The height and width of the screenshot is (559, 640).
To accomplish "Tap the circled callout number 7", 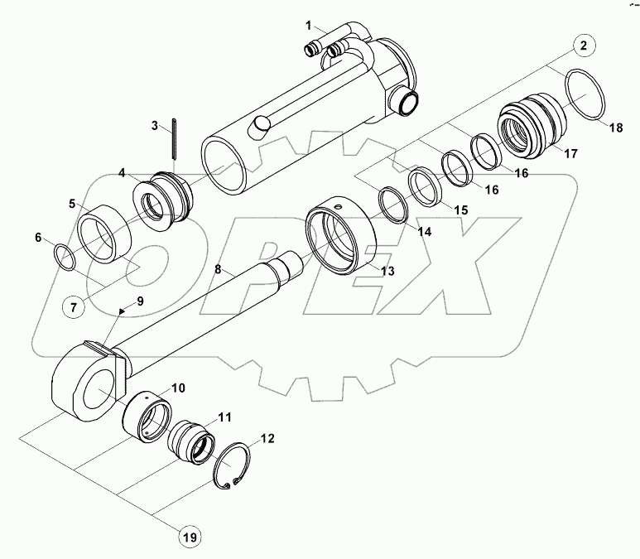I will click(72, 307).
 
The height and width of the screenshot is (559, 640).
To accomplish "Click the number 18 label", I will click(616, 128).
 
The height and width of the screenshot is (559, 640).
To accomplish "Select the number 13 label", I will click(387, 272).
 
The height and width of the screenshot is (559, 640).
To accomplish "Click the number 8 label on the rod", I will click(218, 269).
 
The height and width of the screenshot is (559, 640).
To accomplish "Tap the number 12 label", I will click(267, 438).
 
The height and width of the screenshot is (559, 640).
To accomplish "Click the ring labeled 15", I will click(425, 186).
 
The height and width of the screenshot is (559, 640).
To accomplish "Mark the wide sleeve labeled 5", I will click(105, 235).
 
